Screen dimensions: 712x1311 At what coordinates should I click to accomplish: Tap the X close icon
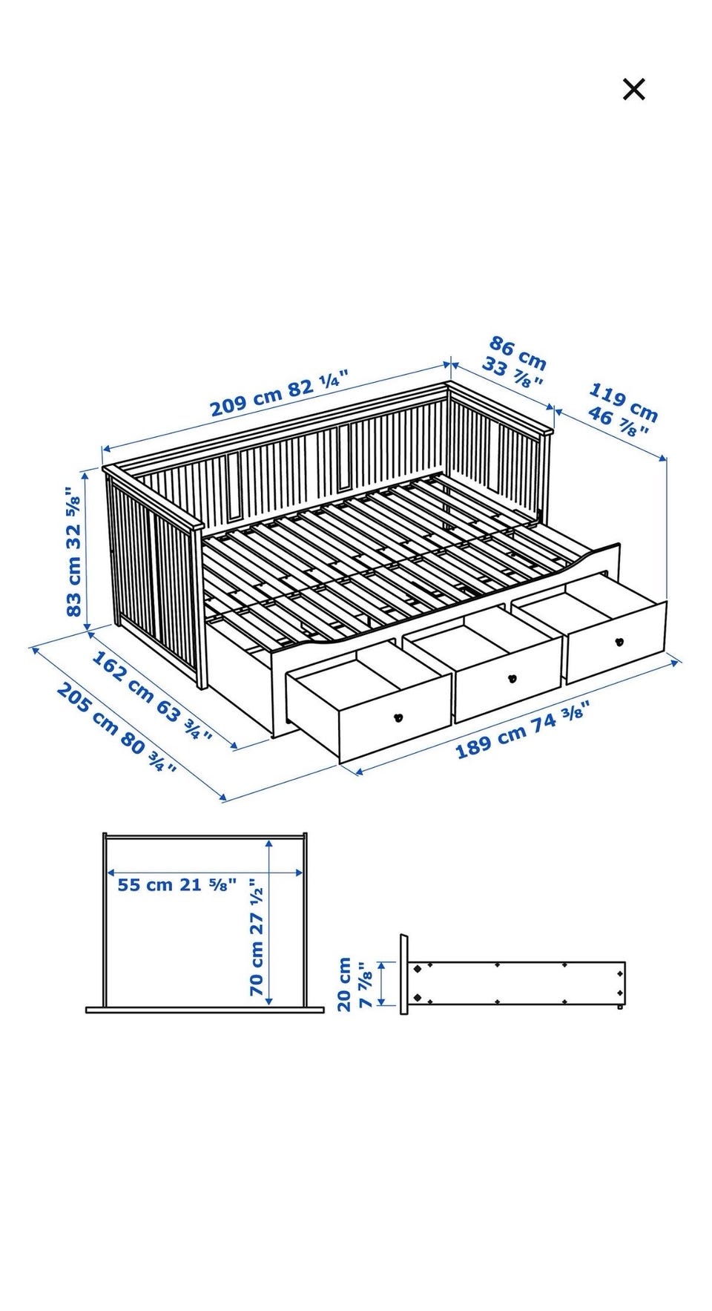click(633, 89)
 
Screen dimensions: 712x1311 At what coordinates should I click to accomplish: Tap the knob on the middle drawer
click(511, 677)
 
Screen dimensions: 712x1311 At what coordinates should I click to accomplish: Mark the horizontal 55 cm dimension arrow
click(205, 872)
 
